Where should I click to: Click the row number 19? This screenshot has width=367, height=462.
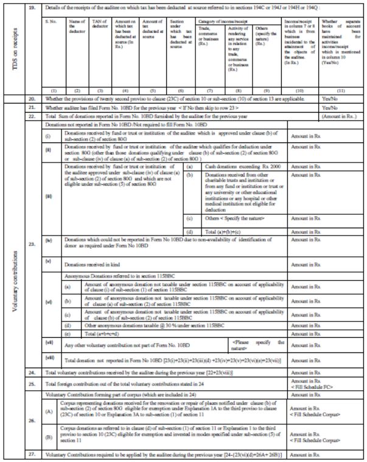[x=33, y=10]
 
